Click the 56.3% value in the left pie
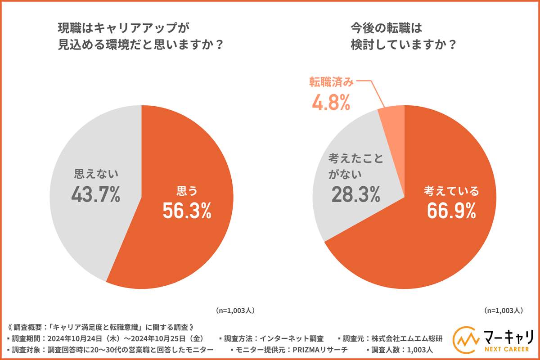pyautogui.click(x=187, y=211)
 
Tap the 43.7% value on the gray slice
pyautogui.click(x=96, y=194)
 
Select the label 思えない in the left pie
pyautogui.click(x=96, y=173)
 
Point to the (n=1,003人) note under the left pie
pyautogui.click(x=235, y=310)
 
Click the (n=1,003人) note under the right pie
pyautogui.click(x=503, y=310)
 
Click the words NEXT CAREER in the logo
pyautogui.click(x=506, y=351)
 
